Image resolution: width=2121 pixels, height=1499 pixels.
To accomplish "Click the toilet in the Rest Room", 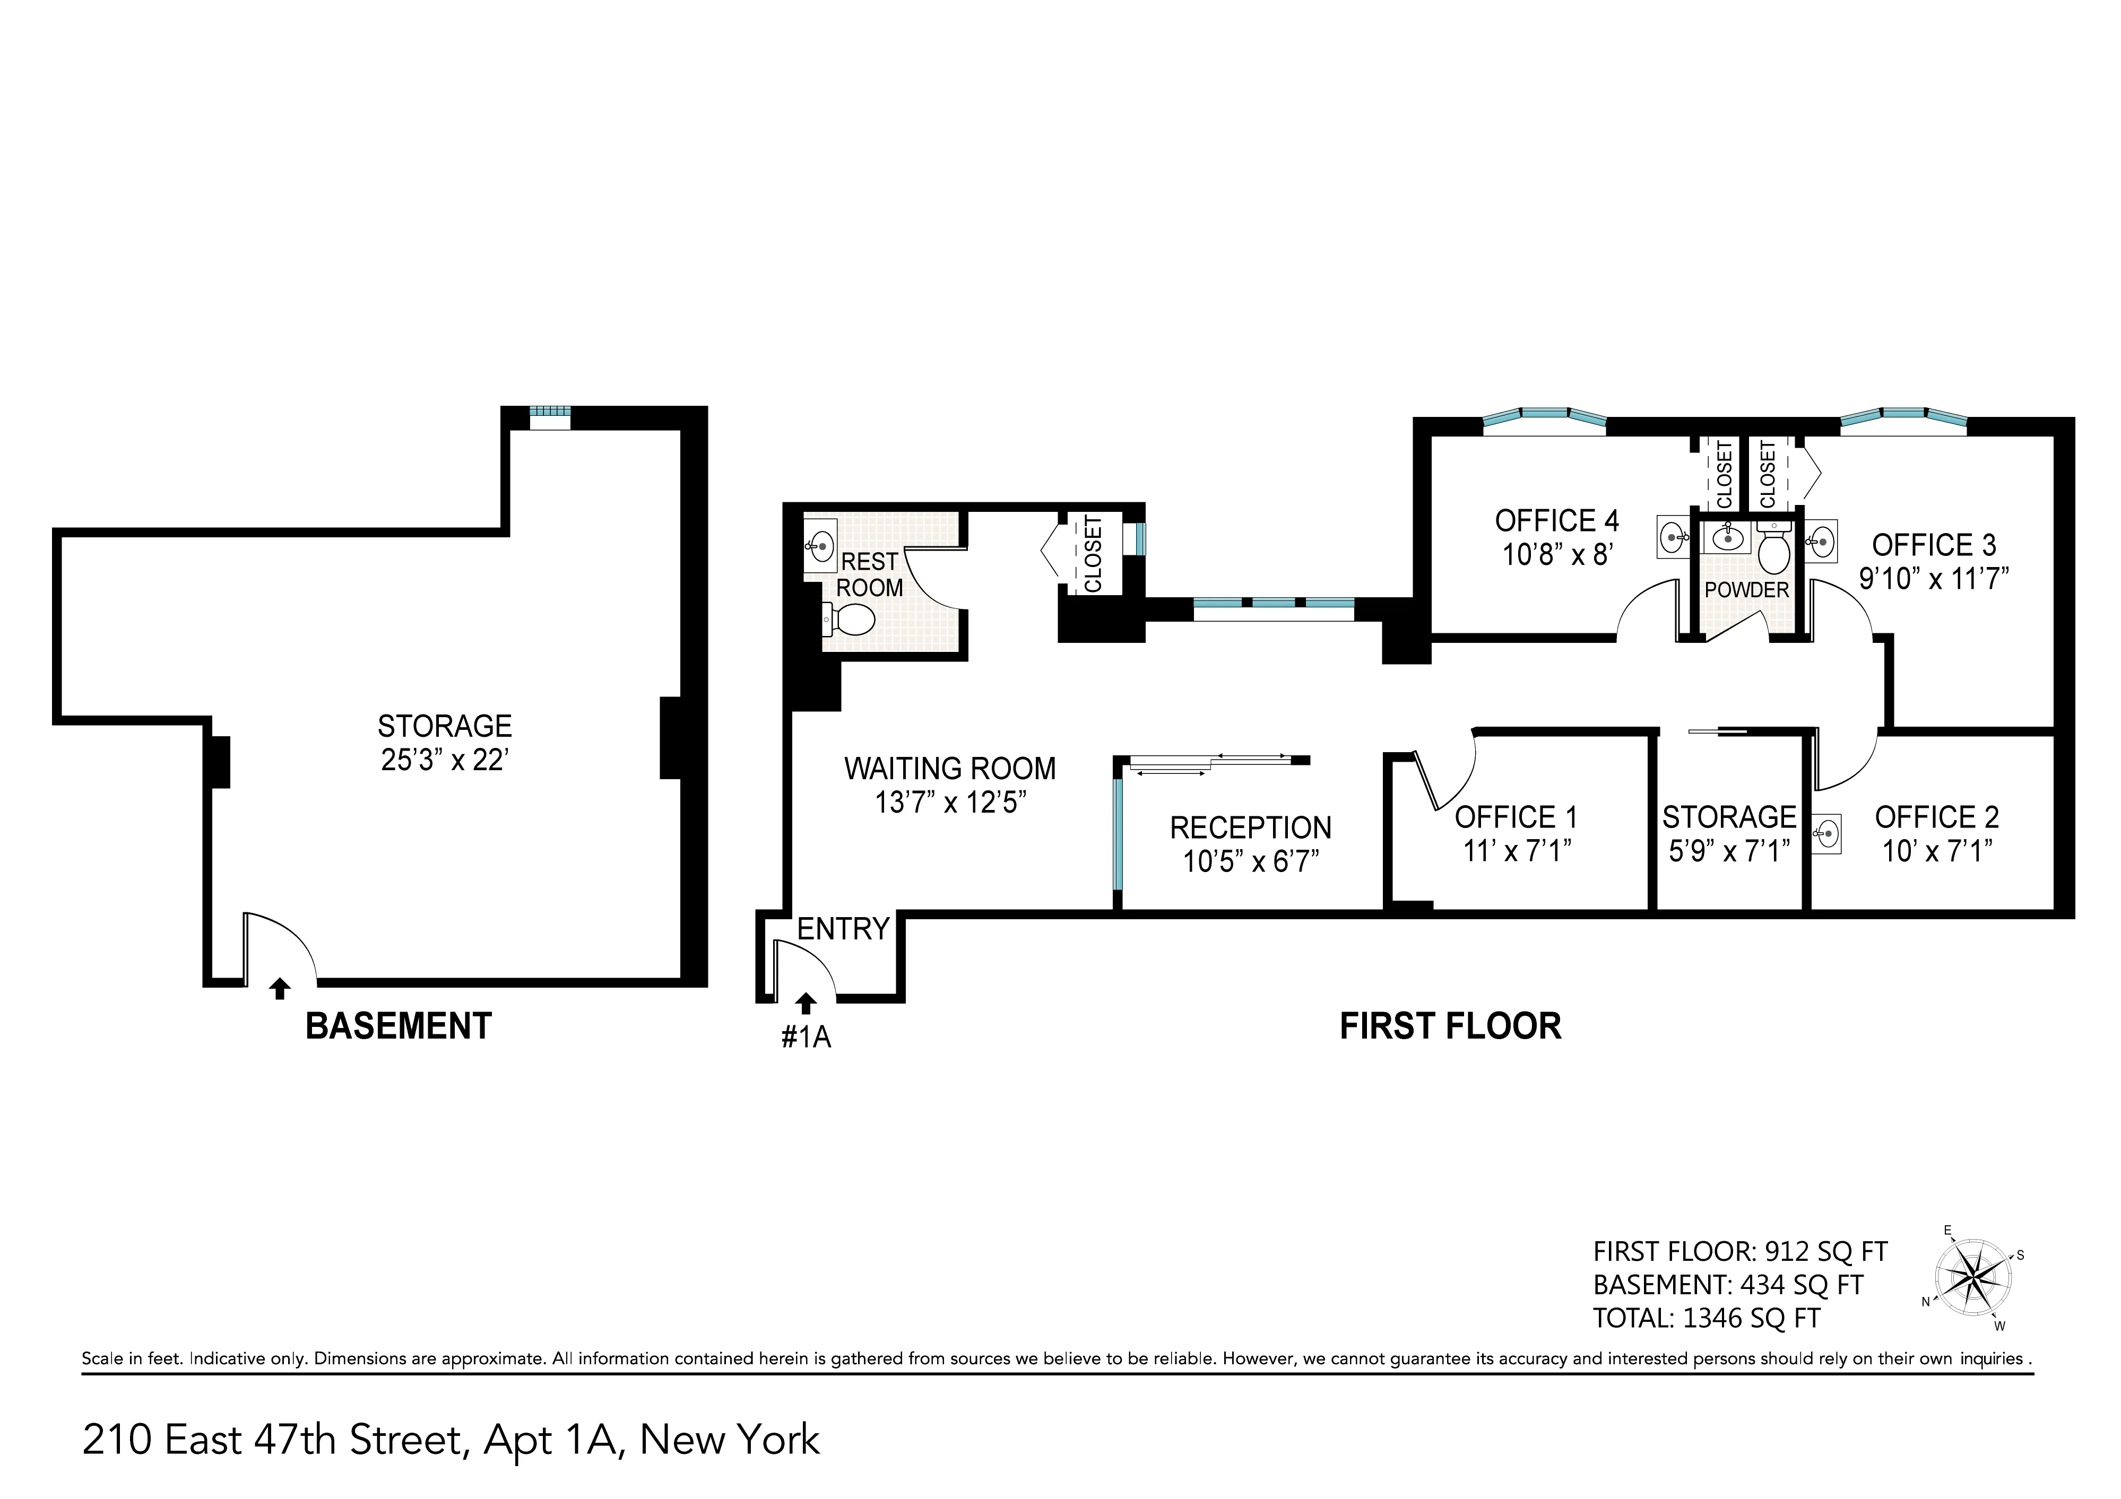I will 851,620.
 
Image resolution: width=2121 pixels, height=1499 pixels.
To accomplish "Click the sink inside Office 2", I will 1825,833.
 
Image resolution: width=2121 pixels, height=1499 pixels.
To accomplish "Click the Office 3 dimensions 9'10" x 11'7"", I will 1934,579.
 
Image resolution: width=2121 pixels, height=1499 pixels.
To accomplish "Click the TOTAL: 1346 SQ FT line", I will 1706,1318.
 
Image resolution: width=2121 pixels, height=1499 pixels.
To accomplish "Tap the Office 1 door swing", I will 1445,769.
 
